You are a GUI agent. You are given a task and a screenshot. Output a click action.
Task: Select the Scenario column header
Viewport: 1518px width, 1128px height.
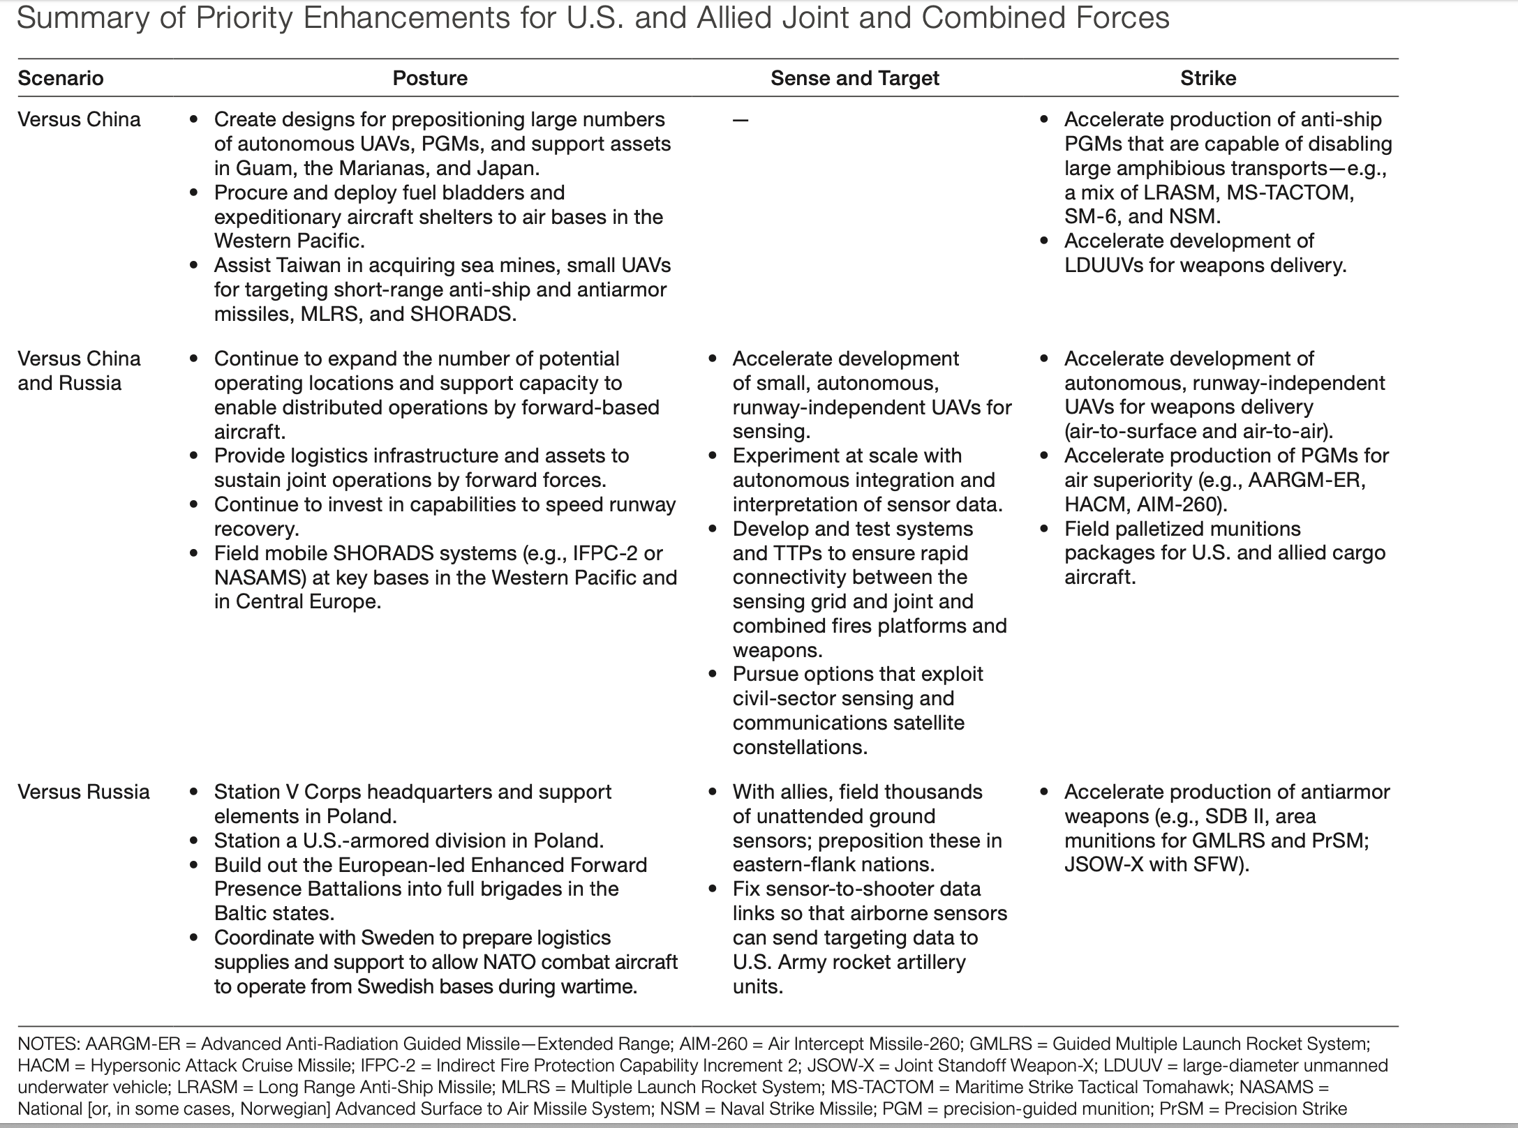(61, 78)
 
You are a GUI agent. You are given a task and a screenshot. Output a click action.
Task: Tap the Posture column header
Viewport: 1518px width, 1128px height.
(430, 78)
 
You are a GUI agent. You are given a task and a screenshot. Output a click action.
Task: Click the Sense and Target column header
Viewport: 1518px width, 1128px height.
(854, 78)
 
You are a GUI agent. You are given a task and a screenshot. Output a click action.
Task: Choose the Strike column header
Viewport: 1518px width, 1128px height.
(1208, 78)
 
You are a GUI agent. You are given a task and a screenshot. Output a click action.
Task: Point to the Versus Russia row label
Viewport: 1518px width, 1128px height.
(84, 792)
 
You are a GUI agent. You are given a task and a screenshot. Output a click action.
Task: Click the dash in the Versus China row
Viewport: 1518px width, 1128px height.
(741, 121)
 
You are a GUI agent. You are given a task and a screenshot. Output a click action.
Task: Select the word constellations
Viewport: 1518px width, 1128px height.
(800, 747)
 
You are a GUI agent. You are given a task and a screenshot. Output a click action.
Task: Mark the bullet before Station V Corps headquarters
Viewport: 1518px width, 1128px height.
(194, 792)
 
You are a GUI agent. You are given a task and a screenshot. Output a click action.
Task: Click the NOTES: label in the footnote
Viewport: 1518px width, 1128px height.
(48, 1044)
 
